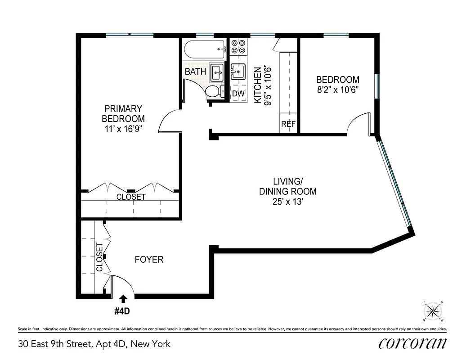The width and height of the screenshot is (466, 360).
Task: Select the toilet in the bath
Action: point(215,92)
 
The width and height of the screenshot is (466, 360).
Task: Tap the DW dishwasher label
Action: point(238,94)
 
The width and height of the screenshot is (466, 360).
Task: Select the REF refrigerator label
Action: point(288,124)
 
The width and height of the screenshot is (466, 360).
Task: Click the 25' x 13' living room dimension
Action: point(288,202)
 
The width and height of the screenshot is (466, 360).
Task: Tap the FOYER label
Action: point(149,260)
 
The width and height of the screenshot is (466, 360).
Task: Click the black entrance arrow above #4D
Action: point(123,298)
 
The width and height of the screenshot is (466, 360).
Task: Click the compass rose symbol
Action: point(433,310)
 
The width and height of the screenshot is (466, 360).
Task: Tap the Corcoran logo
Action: point(412,343)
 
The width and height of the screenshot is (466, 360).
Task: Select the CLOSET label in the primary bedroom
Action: point(131,197)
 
